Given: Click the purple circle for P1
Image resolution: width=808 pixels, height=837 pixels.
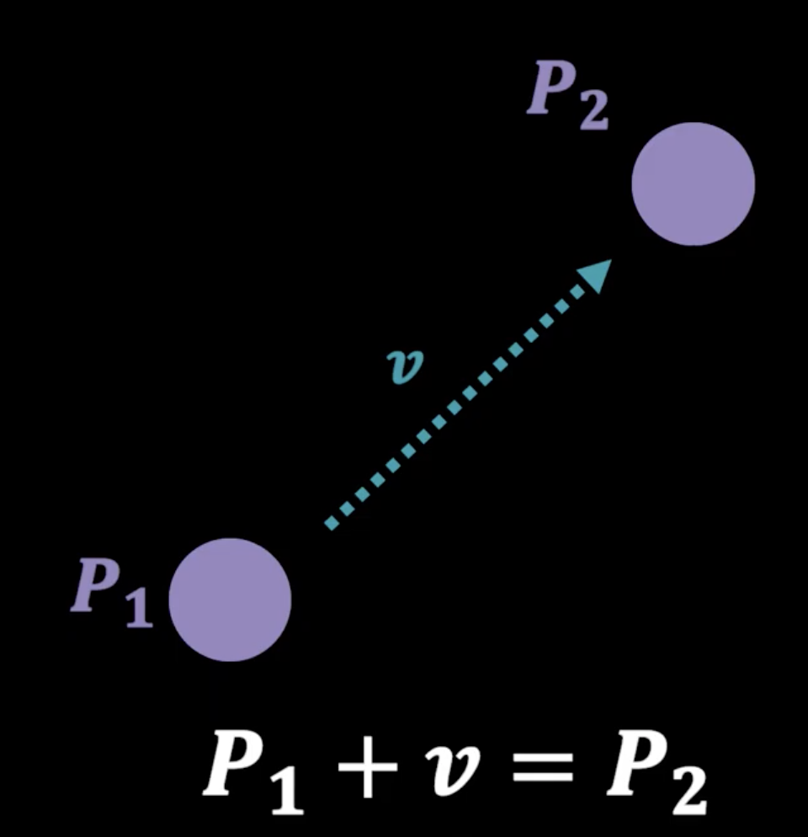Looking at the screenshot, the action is tap(230, 599).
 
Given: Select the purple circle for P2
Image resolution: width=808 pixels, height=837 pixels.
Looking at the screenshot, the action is tap(693, 184).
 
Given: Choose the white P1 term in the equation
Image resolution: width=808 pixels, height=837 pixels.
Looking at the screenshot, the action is tap(252, 769).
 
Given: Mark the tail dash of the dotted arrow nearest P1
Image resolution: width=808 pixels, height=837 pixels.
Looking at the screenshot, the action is tap(332, 524).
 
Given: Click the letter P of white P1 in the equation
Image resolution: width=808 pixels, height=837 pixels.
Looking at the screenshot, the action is tap(232, 762).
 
